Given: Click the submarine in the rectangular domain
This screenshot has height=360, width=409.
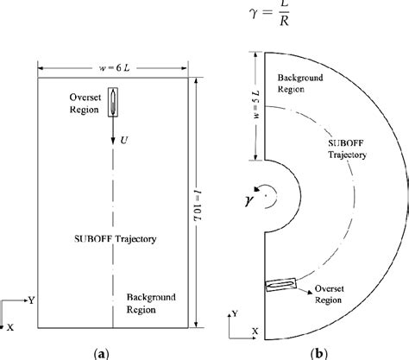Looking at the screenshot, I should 113,100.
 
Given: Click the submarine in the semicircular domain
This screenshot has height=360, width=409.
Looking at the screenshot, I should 280,286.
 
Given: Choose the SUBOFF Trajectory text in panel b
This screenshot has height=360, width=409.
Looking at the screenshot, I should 344,149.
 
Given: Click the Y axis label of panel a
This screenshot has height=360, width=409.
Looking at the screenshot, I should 32,300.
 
